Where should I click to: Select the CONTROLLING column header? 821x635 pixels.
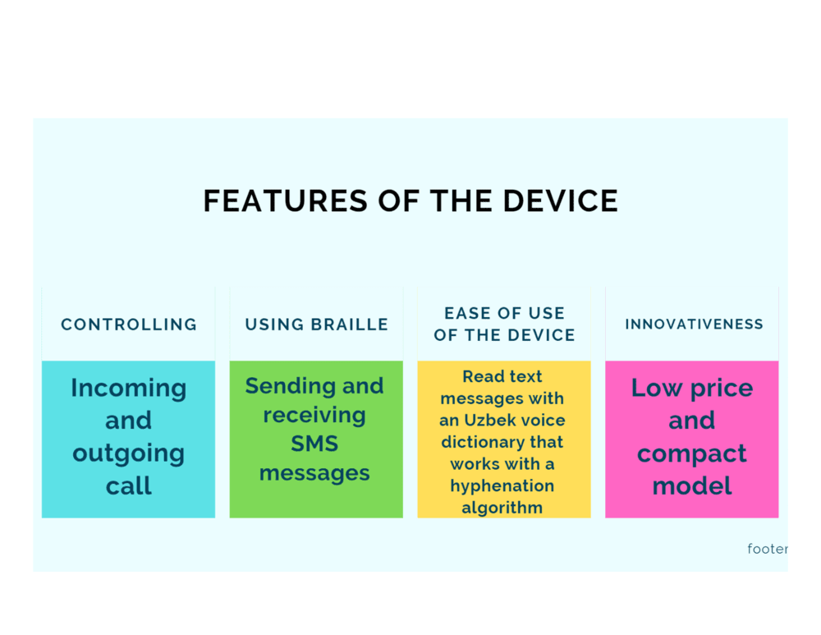129,324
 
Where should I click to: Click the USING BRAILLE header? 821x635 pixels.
316,324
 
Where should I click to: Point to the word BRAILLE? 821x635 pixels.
349,324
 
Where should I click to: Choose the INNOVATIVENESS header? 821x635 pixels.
694,324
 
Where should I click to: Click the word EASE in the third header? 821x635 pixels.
467,313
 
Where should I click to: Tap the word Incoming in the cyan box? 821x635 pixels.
129,389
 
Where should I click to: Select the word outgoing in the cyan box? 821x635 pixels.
129,454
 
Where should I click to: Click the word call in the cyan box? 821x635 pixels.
129,485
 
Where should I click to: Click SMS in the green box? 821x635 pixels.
314,444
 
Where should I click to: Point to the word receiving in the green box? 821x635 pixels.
314,416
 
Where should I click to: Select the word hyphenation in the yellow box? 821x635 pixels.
502,487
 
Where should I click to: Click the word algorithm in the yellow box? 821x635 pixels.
502,508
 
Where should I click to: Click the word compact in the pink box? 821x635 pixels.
691,454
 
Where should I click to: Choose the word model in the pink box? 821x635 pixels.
691,485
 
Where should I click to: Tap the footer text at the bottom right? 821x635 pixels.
768,549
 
